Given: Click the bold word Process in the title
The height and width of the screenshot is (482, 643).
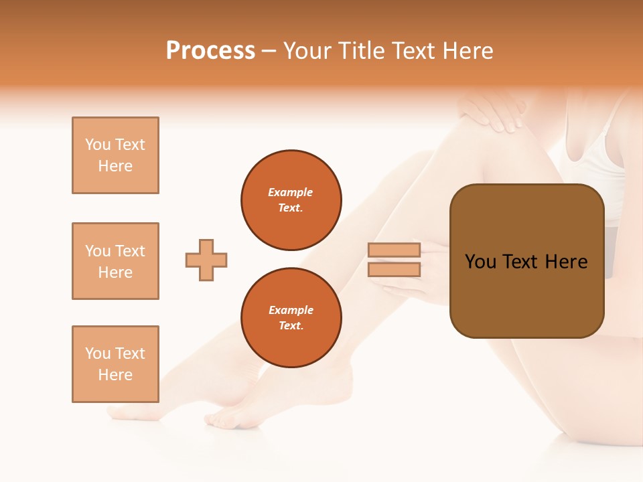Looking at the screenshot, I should pyautogui.click(x=210, y=51).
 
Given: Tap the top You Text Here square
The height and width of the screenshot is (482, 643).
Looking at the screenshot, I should pyautogui.click(x=115, y=155).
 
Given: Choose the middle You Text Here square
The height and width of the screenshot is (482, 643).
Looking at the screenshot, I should pyautogui.click(x=115, y=261).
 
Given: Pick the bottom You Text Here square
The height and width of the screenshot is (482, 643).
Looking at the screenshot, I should pyautogui.click(x=115, y=364).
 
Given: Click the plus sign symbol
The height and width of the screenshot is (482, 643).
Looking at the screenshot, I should pyautogui.click(x=206, y=260).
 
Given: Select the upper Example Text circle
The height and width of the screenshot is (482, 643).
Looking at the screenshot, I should pyautogui.click(x=291, y=200).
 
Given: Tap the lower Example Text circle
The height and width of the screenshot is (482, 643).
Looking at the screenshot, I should pyautogui.click(x=291, y=318).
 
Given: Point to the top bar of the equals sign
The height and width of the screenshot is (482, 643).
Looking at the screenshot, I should pyautogui.click(x=394, y=250).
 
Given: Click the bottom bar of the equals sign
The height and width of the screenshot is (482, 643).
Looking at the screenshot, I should pyautogui.click(x=394, y=270).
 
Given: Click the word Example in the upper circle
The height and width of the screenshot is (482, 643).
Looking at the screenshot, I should pyautogui.click(x=291, y=192).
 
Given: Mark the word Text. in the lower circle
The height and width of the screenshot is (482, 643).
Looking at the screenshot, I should pyautogui.click(x=291, y=326).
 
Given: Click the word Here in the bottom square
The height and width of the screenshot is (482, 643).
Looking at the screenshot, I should pyautogui.click(x=115, y=375).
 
